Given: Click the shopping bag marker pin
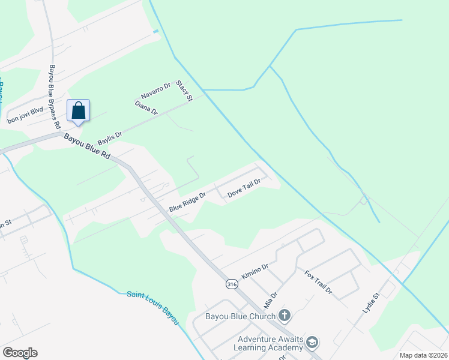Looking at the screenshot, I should click(x=78, y=111).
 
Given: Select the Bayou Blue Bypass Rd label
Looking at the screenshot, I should click(x=55, y=97).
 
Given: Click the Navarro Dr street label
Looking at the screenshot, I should click(x=156, y=91).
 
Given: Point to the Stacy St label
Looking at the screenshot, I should click(x=184, y=91).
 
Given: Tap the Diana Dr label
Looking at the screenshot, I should click(x=146, y=108).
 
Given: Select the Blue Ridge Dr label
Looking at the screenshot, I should click(x=187, y=202).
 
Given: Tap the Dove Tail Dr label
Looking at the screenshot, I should click(x=244, y=189).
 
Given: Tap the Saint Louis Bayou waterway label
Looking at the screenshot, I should click(x=153, y=307).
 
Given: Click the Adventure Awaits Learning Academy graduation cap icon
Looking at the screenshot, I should click(x=312, y=343).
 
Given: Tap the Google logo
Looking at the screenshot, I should click(x=20, y=353).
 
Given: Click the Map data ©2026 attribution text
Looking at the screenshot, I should click(x=423, y=355).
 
